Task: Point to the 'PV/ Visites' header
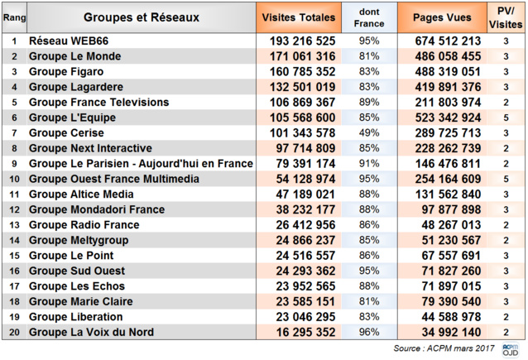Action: [x=504, y=17]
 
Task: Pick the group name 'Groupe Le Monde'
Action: [x=74, y=56]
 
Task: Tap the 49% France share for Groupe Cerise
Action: [x=368, y=133]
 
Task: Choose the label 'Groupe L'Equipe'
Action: [x=72, y=118]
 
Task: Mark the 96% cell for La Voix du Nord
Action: [x=368, y=333]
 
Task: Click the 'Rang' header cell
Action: [x=14, y=17]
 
